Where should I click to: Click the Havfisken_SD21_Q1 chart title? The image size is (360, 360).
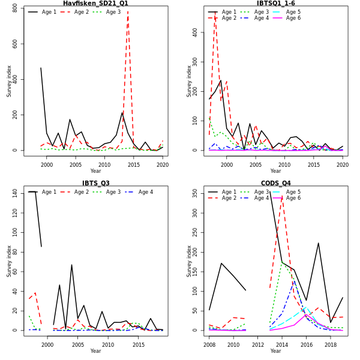coord(95,4)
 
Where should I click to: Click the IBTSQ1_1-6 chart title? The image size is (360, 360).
coord(275,4)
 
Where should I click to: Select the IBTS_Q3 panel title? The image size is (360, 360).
coord(95,183)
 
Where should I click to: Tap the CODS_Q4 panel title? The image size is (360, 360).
coord(275,183)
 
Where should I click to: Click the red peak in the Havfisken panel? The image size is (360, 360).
coord(127,11)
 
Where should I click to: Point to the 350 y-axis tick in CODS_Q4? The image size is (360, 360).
coord(196,193)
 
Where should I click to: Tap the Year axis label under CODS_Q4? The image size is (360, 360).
coord(275,350)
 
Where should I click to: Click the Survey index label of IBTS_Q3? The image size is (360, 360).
coord(10,260)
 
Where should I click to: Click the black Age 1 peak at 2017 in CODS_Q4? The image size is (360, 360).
coord(318,243)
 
